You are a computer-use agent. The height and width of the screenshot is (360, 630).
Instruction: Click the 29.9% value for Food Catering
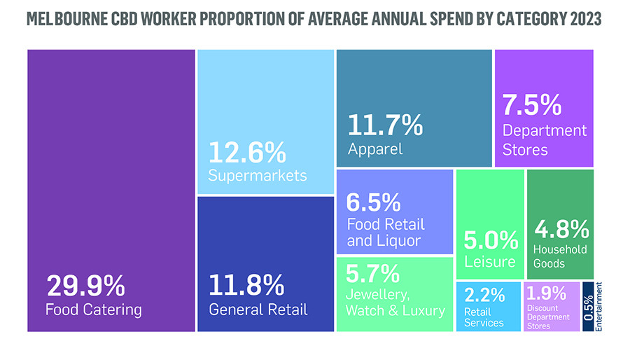click(x=85, y=286)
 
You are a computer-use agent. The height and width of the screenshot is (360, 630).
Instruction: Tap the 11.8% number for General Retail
click(x=247, y=286)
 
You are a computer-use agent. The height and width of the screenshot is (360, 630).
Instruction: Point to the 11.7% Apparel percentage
click(x=385, y=126)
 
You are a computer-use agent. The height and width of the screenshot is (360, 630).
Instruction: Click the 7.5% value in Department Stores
click(x=532, y=105)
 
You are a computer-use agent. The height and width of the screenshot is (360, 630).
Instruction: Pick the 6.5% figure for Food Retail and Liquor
click(x=374, y=202)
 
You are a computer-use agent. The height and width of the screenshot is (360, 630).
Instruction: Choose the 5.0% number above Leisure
click(x=490, y=241)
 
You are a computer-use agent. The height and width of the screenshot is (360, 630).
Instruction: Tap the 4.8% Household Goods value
click(x=561, y=228)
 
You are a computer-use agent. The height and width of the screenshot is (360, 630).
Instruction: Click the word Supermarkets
click(x=258, y=175)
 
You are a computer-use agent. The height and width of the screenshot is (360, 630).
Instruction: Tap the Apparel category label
click(x=375, y=148)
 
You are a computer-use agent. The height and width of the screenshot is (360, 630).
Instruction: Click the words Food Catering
click(x=94, y=309)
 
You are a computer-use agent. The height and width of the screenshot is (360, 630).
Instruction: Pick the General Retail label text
click(x=258, y=309)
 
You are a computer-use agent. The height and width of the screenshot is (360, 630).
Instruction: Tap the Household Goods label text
click(x=560, y=256)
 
